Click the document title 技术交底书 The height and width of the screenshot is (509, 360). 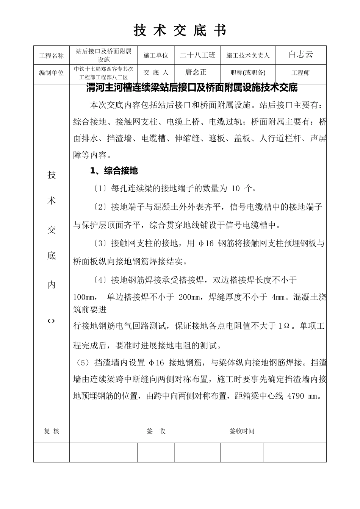[x=180, y=31]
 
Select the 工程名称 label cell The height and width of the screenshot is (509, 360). [x=52, y=56]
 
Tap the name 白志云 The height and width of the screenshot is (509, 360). [x=301, y=55]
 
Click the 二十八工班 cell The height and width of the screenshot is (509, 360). [x=197, y=55]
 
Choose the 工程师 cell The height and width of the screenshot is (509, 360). [x=301, y=73]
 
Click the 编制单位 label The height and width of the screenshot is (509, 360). [x=52, y=73]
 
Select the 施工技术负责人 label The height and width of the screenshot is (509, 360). [x=248, y=56]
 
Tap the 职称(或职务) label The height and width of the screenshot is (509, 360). [x=248, y=73]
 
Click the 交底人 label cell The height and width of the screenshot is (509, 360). [x=156, y=72]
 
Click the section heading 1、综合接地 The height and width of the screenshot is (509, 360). [x=114, y=171]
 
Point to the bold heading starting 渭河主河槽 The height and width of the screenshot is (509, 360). [x=192, y=88]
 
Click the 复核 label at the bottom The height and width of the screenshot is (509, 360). [x=52, y=431]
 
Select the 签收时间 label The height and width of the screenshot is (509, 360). [x=242, y=431]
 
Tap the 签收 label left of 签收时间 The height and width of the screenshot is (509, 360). [x=156, y=431]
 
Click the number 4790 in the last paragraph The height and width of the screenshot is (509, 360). [x=296, y=397]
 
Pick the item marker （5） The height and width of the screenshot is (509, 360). [x=82, y=363]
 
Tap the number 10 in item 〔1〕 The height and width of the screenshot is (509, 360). [x=235, y=189]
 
